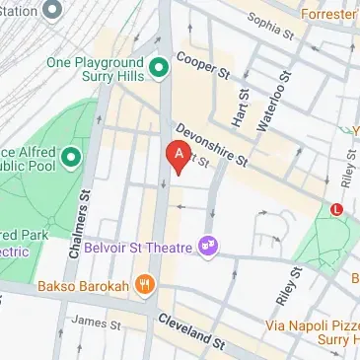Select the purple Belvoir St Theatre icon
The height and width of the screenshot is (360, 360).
[x=208, y=244]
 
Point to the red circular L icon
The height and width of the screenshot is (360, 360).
[x=338, y=209]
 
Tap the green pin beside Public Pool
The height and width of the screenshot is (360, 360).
[x=70, y=157]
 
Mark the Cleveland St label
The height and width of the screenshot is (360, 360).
[x=191, y=330]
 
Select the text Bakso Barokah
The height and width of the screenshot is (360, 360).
[x=84, y=287]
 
